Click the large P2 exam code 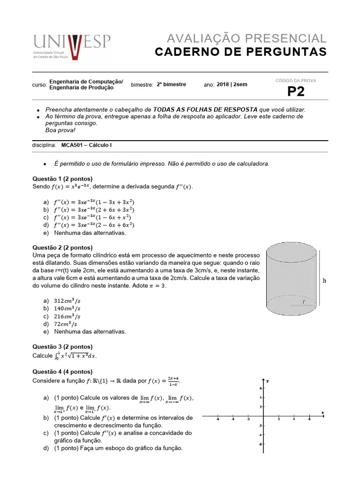point(295,92)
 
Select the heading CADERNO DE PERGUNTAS point(241,52)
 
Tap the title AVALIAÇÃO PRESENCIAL point(247,38)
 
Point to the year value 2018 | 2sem point(232,85)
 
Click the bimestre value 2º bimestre point(172,85)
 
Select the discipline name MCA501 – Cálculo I point(87,145)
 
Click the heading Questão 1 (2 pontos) point(62,179)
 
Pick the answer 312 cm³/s point(67,300)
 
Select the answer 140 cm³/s point(67,308)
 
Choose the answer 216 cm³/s point(67,316)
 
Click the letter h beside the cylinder point(325,281)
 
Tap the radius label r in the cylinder point(304,302)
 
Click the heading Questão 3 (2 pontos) point(62,346)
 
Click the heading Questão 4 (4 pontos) point(62,372)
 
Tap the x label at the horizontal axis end point(323,412)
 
